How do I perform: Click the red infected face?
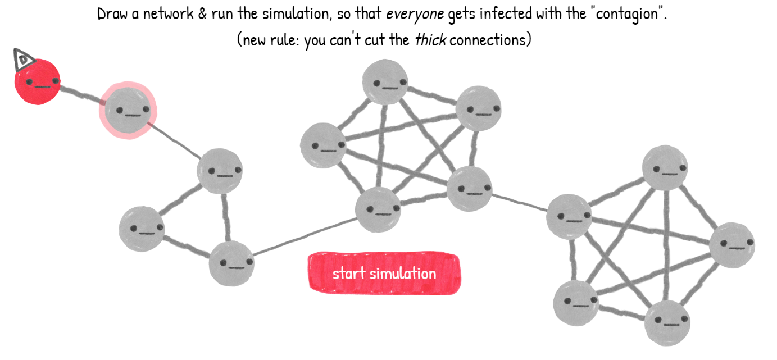tap(37, 83)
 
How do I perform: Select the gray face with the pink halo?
tap(127, 110)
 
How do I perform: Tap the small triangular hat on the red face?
tap(23, 59)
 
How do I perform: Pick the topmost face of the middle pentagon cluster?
tap(385, 82)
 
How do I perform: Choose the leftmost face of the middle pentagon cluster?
tap(323, 145)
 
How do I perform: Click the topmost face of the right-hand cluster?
tap(665, 167)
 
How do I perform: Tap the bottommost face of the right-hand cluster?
tap(667, 322)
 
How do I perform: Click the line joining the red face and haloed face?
tap(82, 95)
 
